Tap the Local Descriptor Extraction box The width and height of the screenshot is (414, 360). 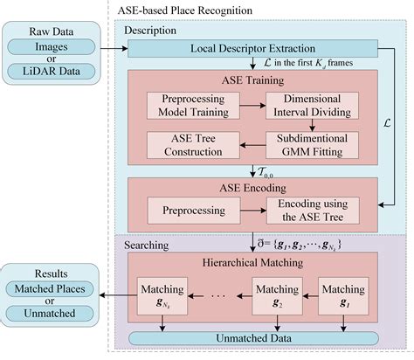coord(252,48)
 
